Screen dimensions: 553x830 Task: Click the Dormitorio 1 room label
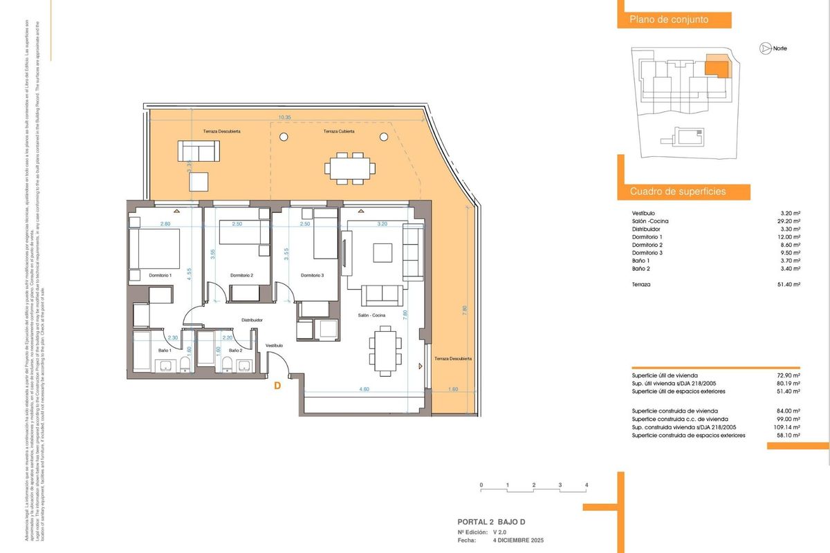[x=160, y=276]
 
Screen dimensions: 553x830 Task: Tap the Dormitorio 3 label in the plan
[x=313, y=276]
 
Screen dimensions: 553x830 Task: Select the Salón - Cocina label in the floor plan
[x=371, y=315]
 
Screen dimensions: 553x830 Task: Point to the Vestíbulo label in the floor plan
[x=275, y=345]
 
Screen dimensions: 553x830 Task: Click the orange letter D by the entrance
[x=277, y=386]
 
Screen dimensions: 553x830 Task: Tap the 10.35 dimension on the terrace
[x=284, y=118]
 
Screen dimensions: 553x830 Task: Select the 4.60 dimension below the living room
[x=364, y=390]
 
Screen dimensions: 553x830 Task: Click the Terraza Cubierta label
[x=339, y=131]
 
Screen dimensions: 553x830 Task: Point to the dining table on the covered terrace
[x=349, y=168]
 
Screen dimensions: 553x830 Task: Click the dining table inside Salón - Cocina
[x=385, y=349]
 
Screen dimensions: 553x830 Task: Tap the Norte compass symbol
[x=765, y=48]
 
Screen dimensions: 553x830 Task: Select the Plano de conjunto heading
[x=668, y=20]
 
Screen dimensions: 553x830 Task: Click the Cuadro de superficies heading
[x=677, y=191]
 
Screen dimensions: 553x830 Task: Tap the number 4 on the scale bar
[x=587, y=485]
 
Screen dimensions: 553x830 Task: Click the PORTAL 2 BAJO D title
[x=496, y=522]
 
